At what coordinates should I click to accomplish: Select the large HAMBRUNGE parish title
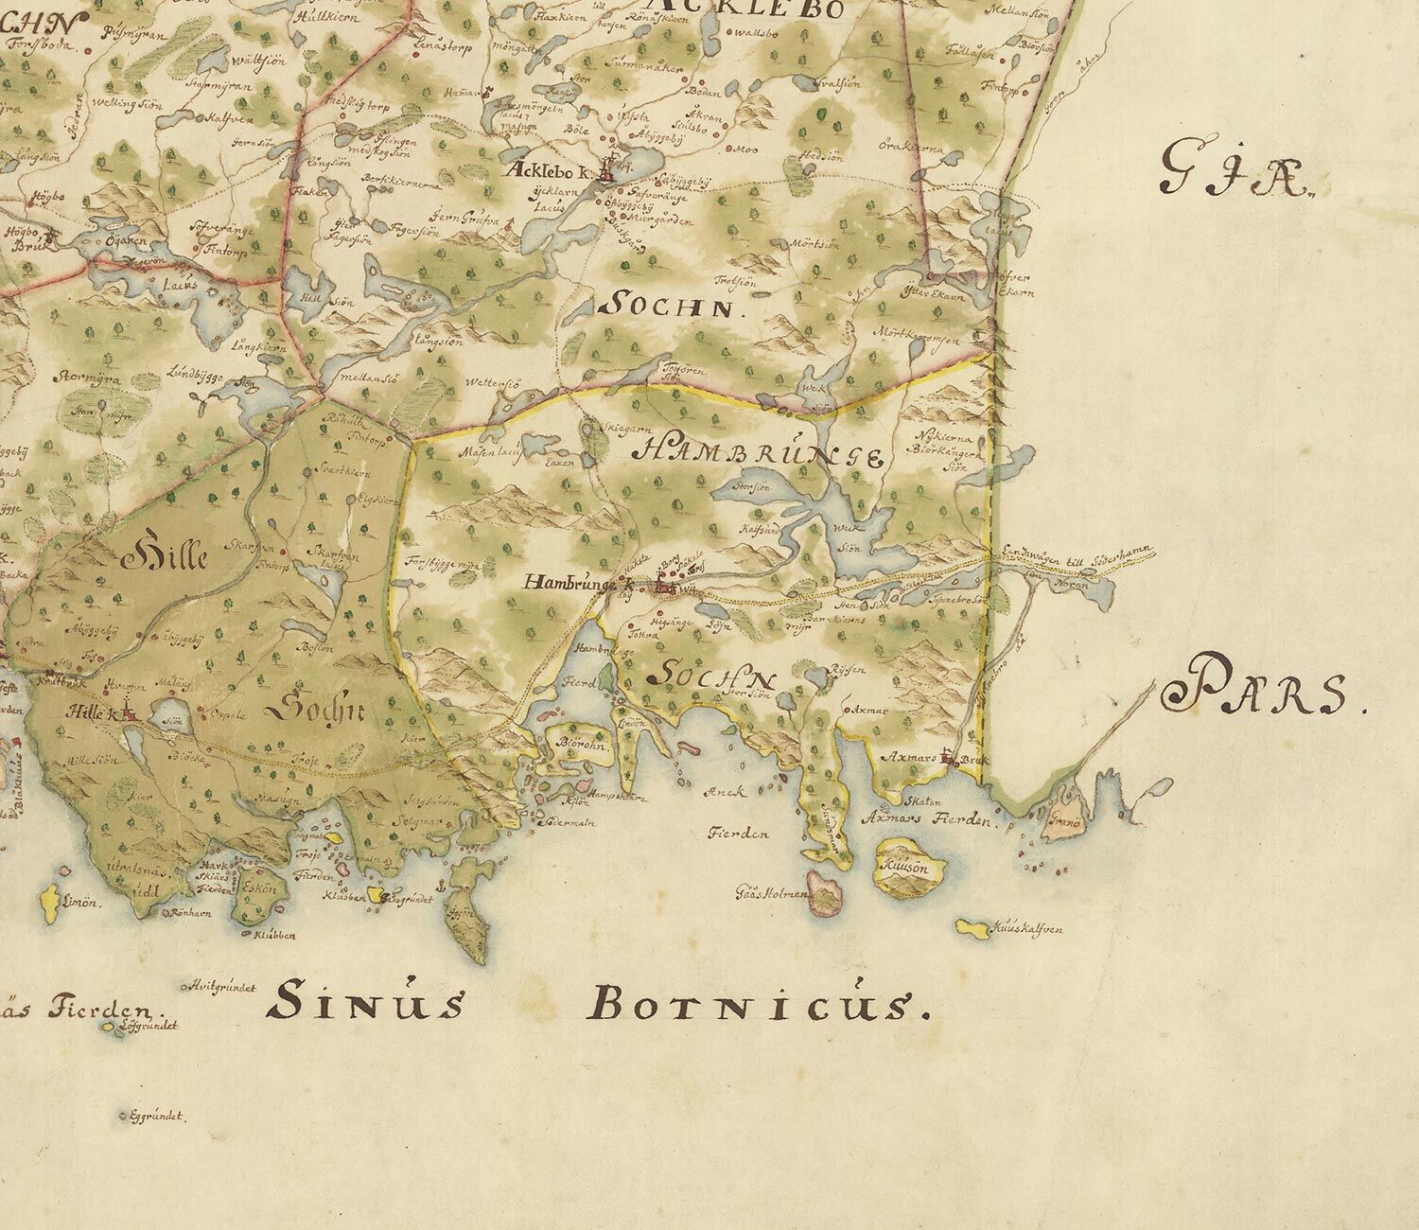pyautogui.click(x=762, y=454)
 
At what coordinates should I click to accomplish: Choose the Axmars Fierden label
pyautogui.click(x=936, y=820)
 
